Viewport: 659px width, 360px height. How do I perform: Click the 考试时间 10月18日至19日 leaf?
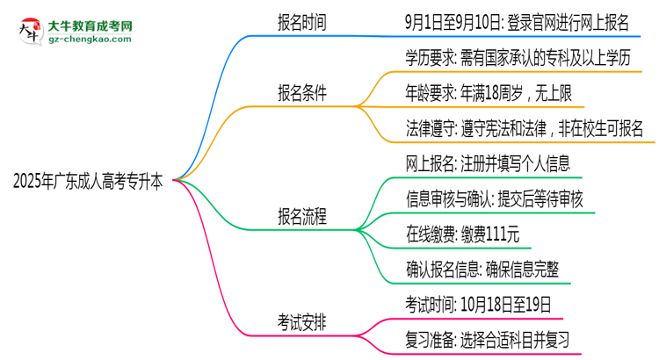pos(478,305)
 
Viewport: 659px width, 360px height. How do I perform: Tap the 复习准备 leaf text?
pos(487,339)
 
